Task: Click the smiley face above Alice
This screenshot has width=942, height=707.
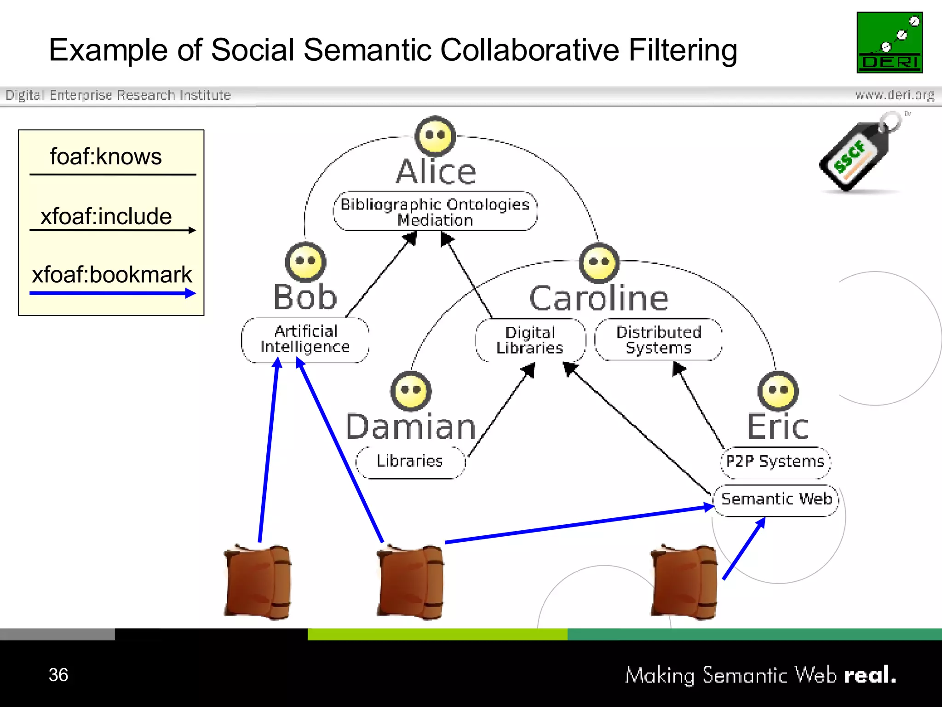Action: coord(435,136)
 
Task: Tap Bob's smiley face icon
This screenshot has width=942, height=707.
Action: coord(305,262)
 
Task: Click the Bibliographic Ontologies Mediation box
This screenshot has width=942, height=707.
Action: coord(435,212)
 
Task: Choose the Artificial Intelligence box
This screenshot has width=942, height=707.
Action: coord(305,340)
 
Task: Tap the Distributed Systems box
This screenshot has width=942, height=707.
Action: coord(658,340)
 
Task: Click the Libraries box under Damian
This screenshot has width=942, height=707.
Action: coord(410,462)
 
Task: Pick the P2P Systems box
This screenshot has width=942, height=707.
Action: coord(775,462)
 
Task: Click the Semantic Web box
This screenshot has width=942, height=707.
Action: coord(776,499)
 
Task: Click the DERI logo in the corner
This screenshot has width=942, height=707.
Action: coord(890,42)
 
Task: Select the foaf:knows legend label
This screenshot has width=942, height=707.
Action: coord(106,157)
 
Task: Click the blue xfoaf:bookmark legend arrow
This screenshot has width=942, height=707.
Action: coord(112,293)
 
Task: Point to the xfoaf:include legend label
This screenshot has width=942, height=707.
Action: coord(106,216)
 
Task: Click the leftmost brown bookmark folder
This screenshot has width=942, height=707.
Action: coord(258,582)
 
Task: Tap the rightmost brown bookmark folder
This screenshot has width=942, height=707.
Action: coord(684,582)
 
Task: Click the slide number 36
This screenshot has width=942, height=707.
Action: coord(58,675)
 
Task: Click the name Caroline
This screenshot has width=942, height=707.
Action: coord(599,299)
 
